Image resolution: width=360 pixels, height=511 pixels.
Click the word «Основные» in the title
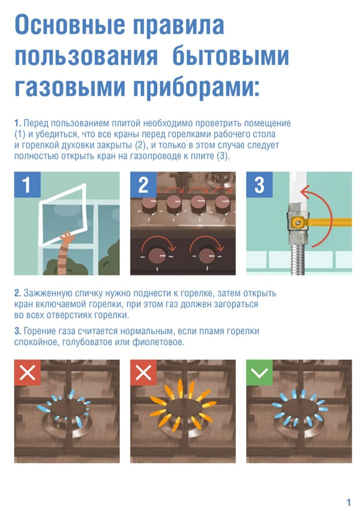[x=70, y=24]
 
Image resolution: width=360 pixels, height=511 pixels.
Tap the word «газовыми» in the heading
[x=70, y=87]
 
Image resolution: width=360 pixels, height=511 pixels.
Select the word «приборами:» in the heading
[x=197, y=88]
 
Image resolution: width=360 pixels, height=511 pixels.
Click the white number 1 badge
[x=27, y=185]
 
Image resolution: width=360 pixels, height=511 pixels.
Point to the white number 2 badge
[x=143, y=185]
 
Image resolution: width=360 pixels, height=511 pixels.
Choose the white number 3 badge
[x=259, y=185]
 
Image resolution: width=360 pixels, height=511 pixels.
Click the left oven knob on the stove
[x=157, y=255]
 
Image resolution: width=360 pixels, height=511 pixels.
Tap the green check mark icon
[x=259, y=372]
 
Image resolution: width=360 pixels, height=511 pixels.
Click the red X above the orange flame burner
[x=143, y=372]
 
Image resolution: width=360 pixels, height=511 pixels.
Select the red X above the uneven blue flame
[x=27, y=372]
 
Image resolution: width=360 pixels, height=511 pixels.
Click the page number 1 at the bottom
[x=349, y=502]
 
